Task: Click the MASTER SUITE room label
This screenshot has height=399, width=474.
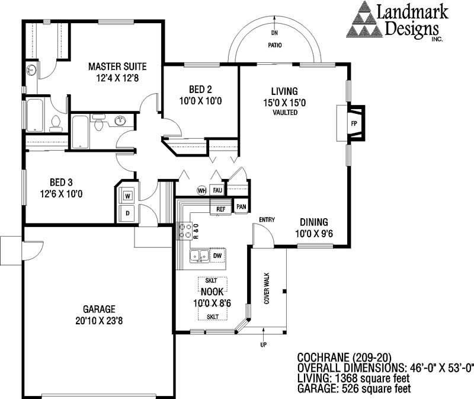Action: pos(117,66)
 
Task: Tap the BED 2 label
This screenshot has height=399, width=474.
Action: pos(200,90)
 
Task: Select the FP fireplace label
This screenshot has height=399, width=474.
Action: pos(354,123)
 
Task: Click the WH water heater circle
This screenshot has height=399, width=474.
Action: pos(201,190)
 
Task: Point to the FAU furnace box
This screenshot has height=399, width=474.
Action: pos(217,190)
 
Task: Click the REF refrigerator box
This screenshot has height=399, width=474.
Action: pos(220,209)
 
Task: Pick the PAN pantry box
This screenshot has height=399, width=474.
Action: pos(241,206)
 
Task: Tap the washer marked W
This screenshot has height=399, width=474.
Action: pos(127,196)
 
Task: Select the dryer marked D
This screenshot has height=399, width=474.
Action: pos(127,213)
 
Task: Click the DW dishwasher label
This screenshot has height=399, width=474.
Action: pos(217,256)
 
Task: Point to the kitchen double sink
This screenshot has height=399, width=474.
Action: pos(200,256)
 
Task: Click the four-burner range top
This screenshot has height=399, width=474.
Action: pos(184,231)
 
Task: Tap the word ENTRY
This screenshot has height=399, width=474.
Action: pos(267,219)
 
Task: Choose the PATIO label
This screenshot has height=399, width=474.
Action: pos(275,45)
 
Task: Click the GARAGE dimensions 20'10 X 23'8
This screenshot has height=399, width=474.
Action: pos(99,321)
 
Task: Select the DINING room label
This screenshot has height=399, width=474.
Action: pos(314,222)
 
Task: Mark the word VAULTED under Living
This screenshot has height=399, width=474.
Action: pos(285,113)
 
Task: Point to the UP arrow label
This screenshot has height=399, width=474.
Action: pos(263,344)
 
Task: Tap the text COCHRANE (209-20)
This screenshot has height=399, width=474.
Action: pos(344,357)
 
